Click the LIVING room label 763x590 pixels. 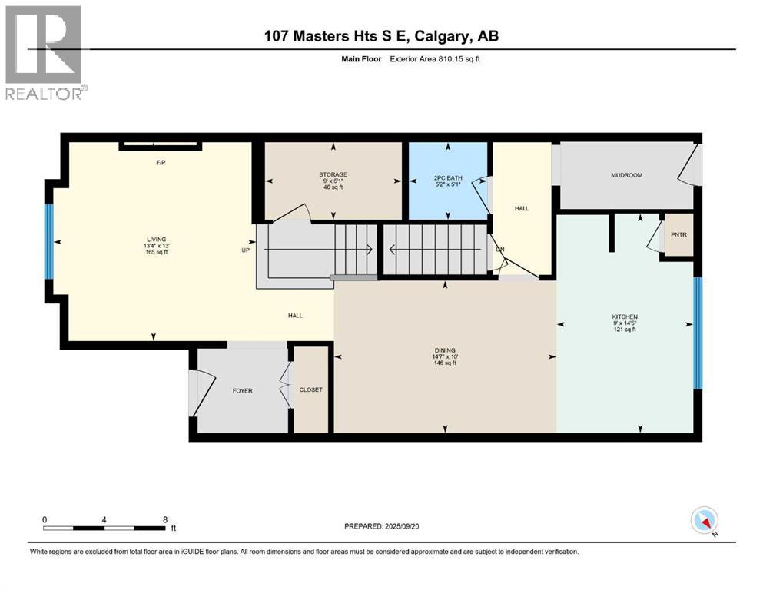(x=156, y=239)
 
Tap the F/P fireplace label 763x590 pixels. (x=161, y=164)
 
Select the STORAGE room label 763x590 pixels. (x=333, y=174)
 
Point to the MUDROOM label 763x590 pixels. (x=626, y=175)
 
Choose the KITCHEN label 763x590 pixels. (x=625, y=317)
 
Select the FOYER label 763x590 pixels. (x=242, y=390)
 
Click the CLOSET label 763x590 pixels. (x=311, y=389)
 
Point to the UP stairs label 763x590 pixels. (x=246, y=250)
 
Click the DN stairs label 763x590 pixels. (x=499, y=250)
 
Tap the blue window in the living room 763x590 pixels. (x=50, y=242)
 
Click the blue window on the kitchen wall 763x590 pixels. (x=697, y=333)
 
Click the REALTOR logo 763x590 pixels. (x=45, y=52)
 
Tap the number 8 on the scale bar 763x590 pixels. (x=164, y=519)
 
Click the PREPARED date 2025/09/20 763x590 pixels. (x=401, y=526)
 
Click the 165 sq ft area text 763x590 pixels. (x=156, y=252)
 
